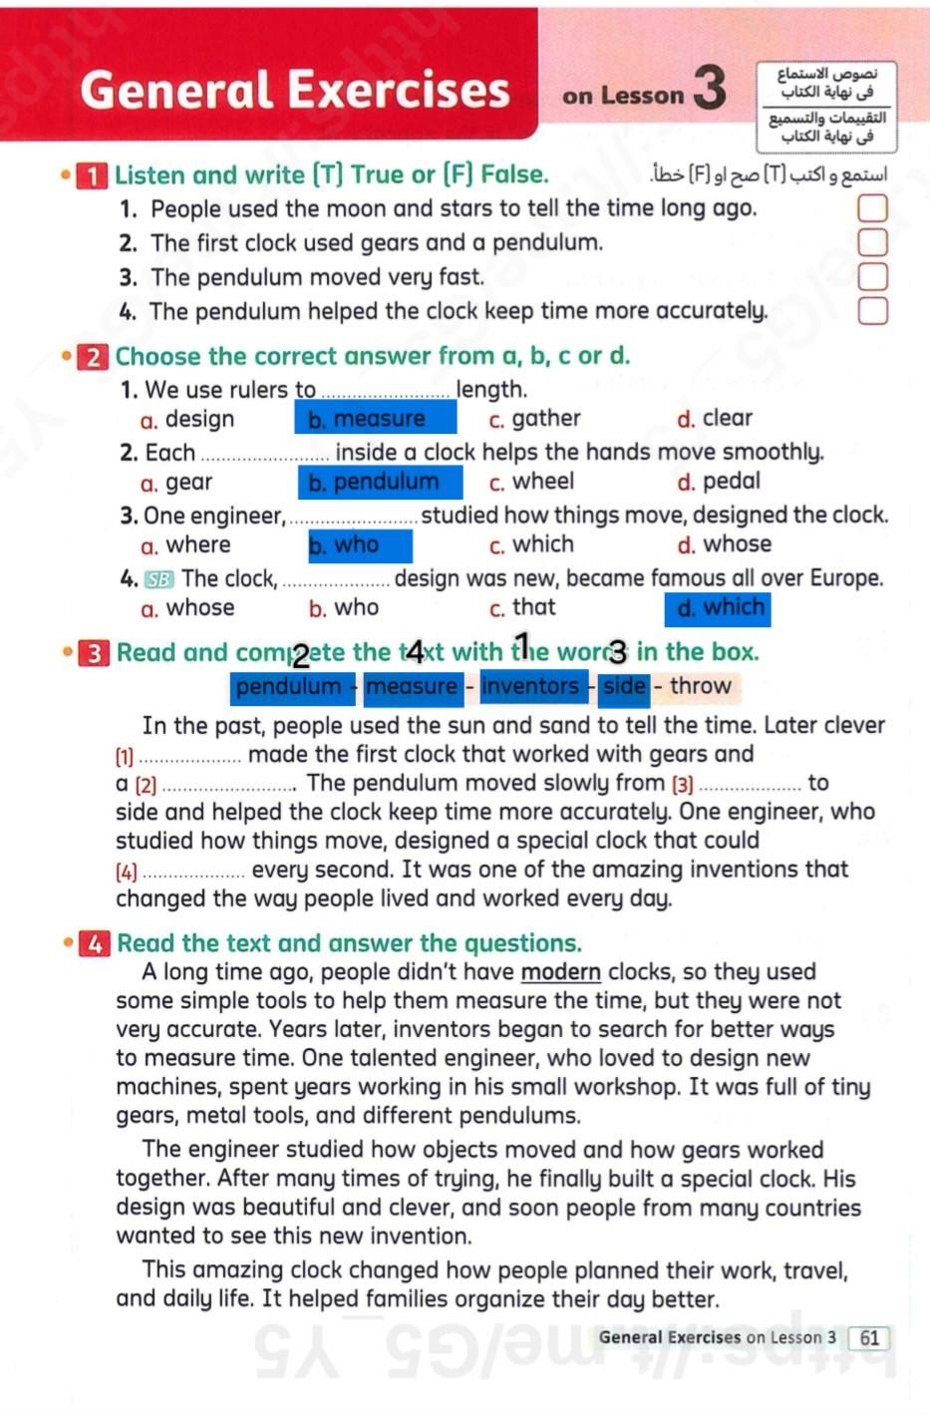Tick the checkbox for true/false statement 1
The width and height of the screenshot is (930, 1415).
tap(872, 208)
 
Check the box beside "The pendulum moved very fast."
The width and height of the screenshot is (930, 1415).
tap(872, 276)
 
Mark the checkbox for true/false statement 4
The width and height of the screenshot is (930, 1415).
tap(872, 311)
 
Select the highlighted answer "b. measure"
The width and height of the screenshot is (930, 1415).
tap(376, 419)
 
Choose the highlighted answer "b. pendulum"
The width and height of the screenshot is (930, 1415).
tap(380, 483)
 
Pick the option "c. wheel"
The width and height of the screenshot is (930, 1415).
tap(531, 482)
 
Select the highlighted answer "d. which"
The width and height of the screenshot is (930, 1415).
tap(718, 608)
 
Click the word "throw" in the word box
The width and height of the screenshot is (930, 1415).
tap(701, 686)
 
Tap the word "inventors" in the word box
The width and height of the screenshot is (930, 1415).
tap(529, 686)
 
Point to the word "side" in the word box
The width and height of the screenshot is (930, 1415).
tap(624, 686)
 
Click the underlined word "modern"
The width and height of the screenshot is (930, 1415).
tap(560, 972)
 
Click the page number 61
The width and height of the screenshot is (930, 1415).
tap(869, 1338)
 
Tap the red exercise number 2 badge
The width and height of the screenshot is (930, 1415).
tap(93, 357)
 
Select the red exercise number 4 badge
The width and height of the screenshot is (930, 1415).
tap(95, 943)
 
